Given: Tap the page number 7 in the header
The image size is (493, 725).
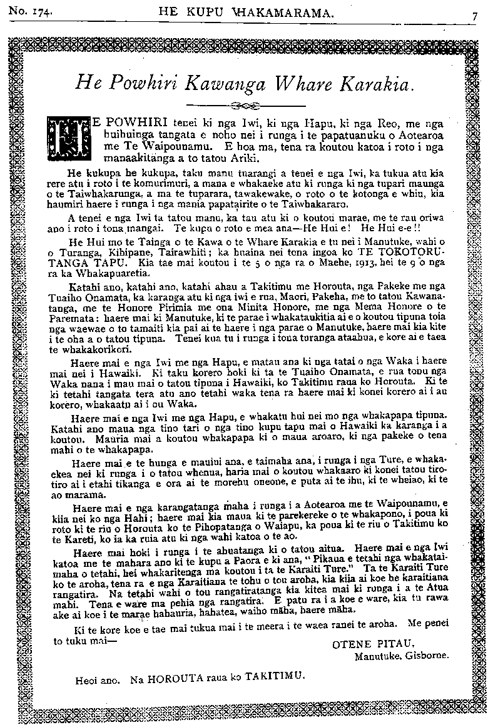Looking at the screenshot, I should pyautogui.click(x=475, y=17).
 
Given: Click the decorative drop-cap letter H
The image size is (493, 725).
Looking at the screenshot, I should pyautogui.click(x=68, y=136).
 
